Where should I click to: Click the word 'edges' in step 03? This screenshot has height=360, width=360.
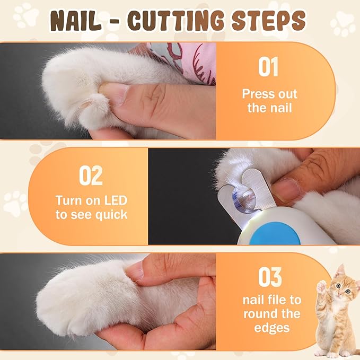click(272, 328)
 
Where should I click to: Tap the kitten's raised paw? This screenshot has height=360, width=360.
click(322, 287)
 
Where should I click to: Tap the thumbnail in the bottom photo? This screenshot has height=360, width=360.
click(135, 271)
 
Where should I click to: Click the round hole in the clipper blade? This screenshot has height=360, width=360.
click(244, 198)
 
